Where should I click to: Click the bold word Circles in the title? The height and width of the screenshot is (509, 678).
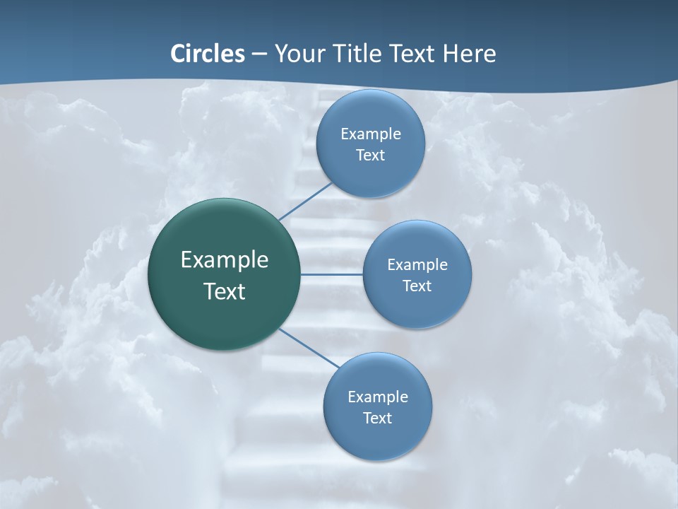[x=207, y=54]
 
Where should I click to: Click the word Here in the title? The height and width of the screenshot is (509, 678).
[x=469, y=54]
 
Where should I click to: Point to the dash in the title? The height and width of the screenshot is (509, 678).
[x=259, y=54]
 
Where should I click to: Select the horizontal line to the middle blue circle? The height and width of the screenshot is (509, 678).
[x=331, y=274]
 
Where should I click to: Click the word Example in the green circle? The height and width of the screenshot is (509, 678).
[x=225, y=260]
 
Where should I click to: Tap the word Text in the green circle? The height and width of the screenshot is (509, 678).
[x=225, y=291]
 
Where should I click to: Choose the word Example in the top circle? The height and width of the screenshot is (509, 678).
[x=371, y=134]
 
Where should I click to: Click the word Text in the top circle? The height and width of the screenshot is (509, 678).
[x=370, y=156]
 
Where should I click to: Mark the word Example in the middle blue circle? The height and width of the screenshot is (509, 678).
[x=417, y=265]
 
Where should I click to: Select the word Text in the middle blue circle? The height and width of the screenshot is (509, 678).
[x=417, y=286]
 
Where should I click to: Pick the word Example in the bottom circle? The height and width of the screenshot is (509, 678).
[x=378, y=397]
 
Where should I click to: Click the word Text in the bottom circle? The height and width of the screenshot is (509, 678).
[x=377, y=419]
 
